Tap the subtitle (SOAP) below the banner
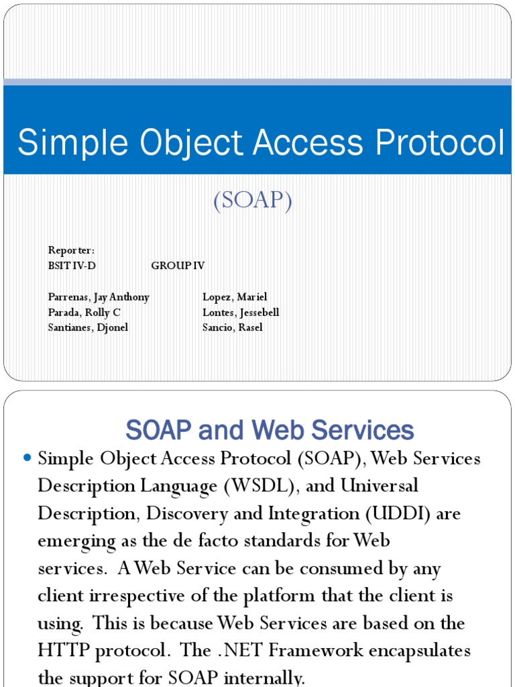point(253,201)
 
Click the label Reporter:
point(71,250)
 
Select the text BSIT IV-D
point(72,266)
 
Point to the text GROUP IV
point(178,266)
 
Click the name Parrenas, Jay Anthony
point(99,297)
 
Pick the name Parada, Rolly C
point(84,312)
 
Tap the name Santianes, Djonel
point(88,327)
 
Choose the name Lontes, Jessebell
point(241,312)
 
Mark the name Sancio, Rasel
point(232,327)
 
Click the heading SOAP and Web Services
point(270,429)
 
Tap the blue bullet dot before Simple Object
point(27,458)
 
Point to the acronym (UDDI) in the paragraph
point(412,513)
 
